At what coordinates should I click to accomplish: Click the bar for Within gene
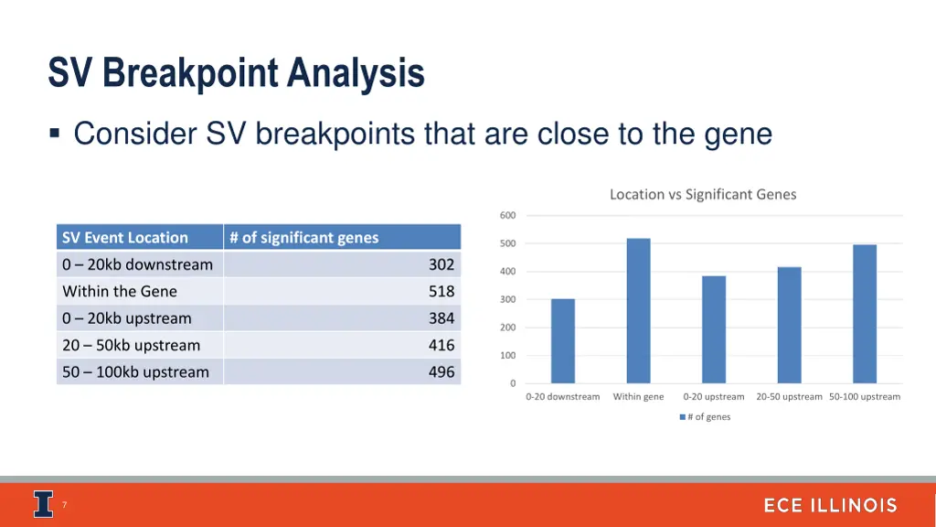[638, 311]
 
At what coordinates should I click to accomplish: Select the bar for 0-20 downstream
[563, 341]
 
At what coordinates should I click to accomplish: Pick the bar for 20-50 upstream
[789, 325]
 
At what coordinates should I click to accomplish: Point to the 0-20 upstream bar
[714, 329]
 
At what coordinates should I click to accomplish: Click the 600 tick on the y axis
[508, 216]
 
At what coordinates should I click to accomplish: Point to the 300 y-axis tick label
[508, 300]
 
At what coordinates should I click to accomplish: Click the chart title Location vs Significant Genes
[703, 194]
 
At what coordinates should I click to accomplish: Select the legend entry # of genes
[705, 417]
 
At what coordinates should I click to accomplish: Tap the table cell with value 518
[441, 292]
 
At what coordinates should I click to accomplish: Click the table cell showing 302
[441, 264]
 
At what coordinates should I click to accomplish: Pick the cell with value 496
[441, 372]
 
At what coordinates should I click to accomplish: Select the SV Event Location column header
[125, 238]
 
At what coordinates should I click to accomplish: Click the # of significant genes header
[303, 238]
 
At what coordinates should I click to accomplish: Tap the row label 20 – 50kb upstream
[131, 346]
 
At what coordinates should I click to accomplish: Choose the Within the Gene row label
[120, 292]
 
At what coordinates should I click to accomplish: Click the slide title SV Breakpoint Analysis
[236, 73]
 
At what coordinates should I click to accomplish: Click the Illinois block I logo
[43, 504]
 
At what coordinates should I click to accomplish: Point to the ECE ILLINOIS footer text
[830, 506]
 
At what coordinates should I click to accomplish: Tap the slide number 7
[64, 505]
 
